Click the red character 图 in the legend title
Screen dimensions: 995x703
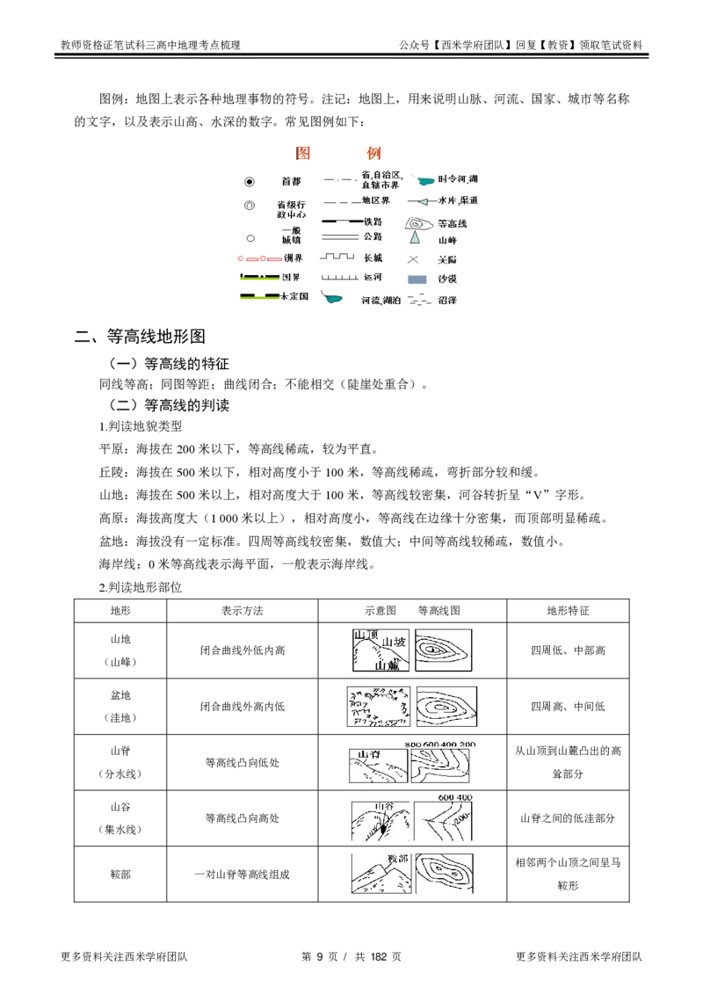point(303,153)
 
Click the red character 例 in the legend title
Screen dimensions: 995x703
point(373,153)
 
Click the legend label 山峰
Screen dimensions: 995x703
point(447,240)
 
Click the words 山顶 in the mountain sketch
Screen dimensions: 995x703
point(365,635)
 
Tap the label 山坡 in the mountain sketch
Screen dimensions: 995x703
point(395,643)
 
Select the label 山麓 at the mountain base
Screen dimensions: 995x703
point(387,666)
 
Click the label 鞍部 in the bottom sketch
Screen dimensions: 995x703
point(398,858)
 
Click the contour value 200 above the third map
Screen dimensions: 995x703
point(467,744)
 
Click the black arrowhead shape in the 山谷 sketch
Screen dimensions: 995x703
point(382,827)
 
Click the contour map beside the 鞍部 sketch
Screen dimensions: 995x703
point(445,875)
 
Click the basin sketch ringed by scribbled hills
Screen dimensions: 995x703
point(377,706)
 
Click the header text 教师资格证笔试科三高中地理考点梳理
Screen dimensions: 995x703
point(150,45)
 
